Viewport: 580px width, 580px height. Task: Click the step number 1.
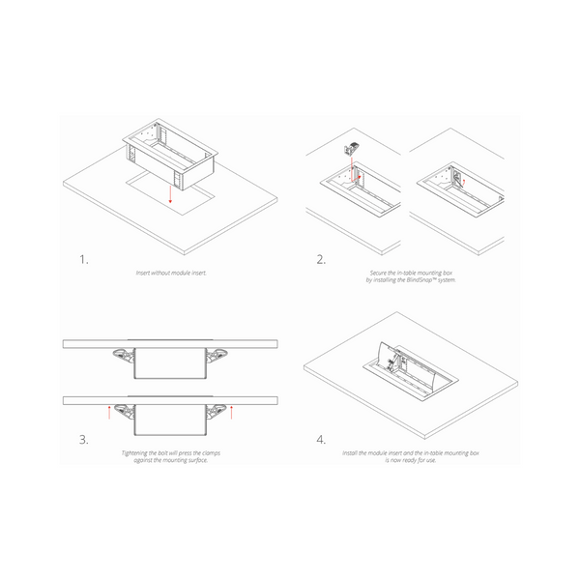tap(84, 260)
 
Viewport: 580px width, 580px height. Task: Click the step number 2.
tap(321, 260)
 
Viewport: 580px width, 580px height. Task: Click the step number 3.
tap(84, 440)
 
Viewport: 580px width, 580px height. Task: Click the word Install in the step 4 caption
tap(351, 452)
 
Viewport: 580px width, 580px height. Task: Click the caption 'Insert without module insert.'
tap(170, 274)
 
